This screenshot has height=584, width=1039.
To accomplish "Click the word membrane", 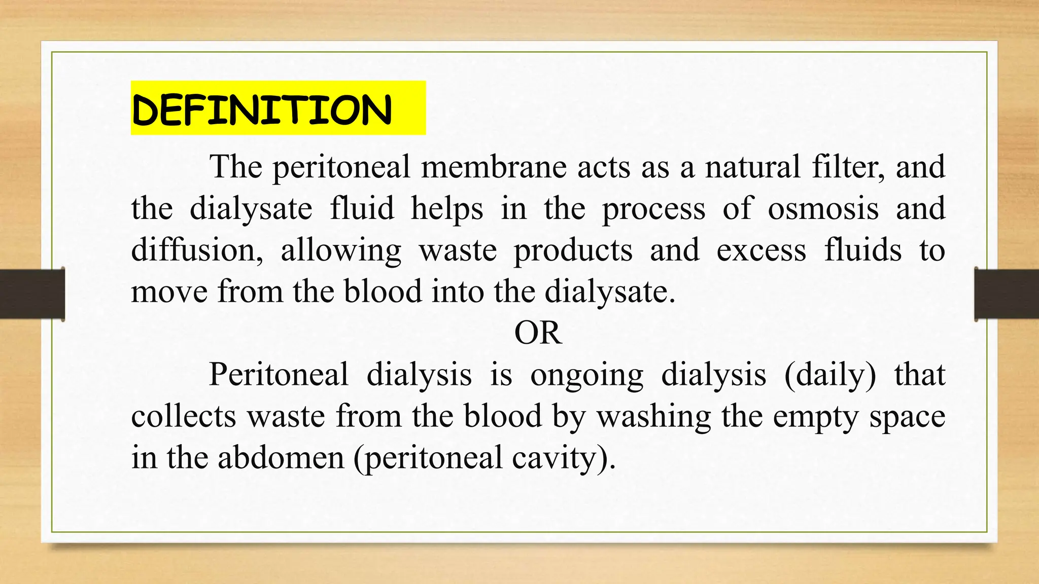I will tap(493, 167).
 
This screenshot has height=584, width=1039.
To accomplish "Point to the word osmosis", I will tap(823, 208).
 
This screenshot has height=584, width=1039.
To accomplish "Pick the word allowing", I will tap(341, 251).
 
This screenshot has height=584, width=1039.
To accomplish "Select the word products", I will tap(573, 251).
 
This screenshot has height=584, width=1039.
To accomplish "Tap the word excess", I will tap(761, 251).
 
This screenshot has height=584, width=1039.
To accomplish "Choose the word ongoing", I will tap(586, 376).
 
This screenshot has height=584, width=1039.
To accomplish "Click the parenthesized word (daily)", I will tap(830, 376).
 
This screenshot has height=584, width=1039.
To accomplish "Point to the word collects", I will tap(184, 416).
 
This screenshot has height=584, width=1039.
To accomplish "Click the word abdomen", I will tap(281, 458).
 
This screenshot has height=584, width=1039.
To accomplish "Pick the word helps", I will tap(447, 208).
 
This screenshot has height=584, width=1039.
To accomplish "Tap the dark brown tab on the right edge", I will tap(1007, 294).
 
